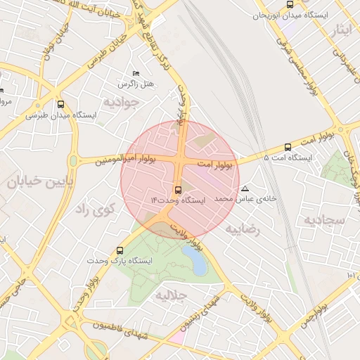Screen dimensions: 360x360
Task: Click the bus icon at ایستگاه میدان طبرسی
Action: (x=61, y=103)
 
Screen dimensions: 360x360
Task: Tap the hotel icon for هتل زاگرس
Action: (x=136, y=74)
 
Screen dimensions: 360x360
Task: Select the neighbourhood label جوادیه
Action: (x=122, y=102)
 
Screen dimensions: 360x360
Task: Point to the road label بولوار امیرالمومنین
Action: (x=103, y=160)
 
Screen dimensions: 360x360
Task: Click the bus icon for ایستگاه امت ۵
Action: (x=288, y=147)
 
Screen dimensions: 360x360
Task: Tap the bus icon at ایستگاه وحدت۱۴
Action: (x=177, y=190)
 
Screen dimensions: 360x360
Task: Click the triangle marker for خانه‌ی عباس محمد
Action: (x=245, y=188)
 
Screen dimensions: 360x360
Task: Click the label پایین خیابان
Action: (x=30, y=183)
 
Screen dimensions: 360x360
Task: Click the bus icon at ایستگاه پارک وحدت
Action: (x=120, y=250)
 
